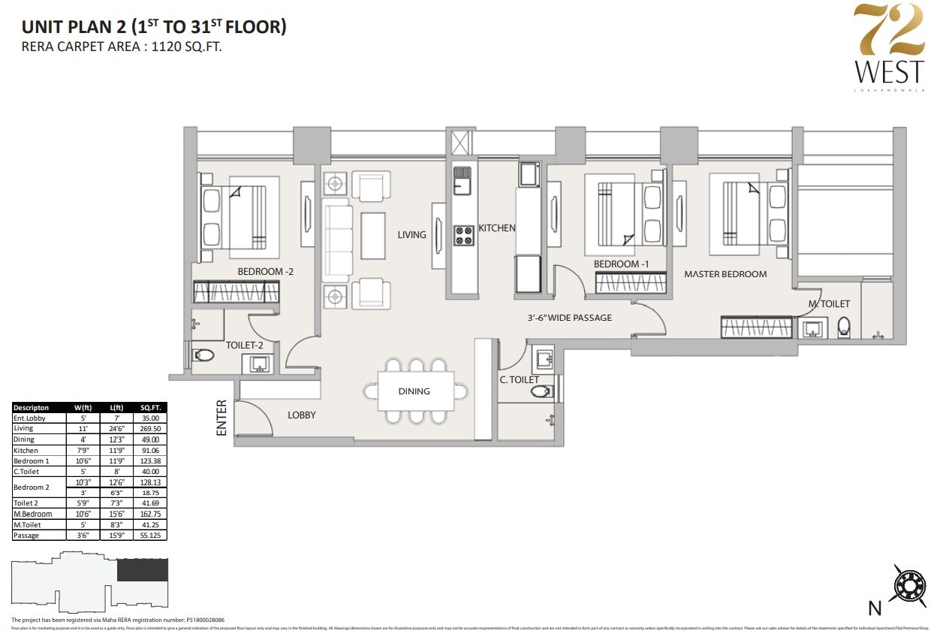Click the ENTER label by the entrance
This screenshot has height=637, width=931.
tap(222, 418)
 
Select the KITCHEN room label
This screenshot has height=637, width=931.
tap(497, 228)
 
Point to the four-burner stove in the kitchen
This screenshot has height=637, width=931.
tap(463, 235)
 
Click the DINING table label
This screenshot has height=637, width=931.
tap(414, 391)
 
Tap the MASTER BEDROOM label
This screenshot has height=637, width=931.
tap(725, 274)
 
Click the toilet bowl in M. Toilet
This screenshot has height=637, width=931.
tap(844, 328)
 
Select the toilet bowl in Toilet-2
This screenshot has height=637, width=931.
tap(203, 355)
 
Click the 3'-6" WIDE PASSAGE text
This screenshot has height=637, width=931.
tap(568, 318)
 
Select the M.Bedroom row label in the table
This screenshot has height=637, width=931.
tap(33, 514)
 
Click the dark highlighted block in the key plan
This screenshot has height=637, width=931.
tap(142, 570)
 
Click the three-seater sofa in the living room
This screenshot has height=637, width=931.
tap(337, 237)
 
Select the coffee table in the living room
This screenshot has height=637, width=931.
tap(373, 236)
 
